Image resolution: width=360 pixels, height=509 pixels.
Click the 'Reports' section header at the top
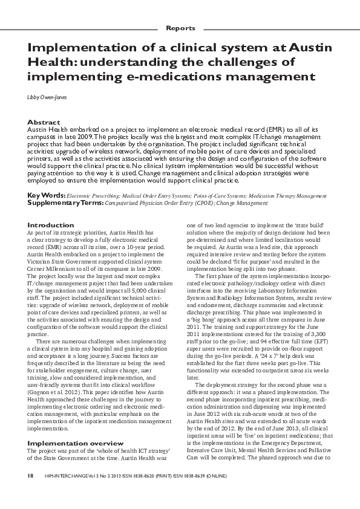(180, 28)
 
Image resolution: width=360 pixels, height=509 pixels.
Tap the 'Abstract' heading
(44, 122)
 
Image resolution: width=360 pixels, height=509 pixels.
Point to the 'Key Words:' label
(47, 196)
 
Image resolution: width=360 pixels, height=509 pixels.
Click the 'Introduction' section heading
(51, 225)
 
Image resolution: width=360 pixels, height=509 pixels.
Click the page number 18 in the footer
(30, 476)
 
